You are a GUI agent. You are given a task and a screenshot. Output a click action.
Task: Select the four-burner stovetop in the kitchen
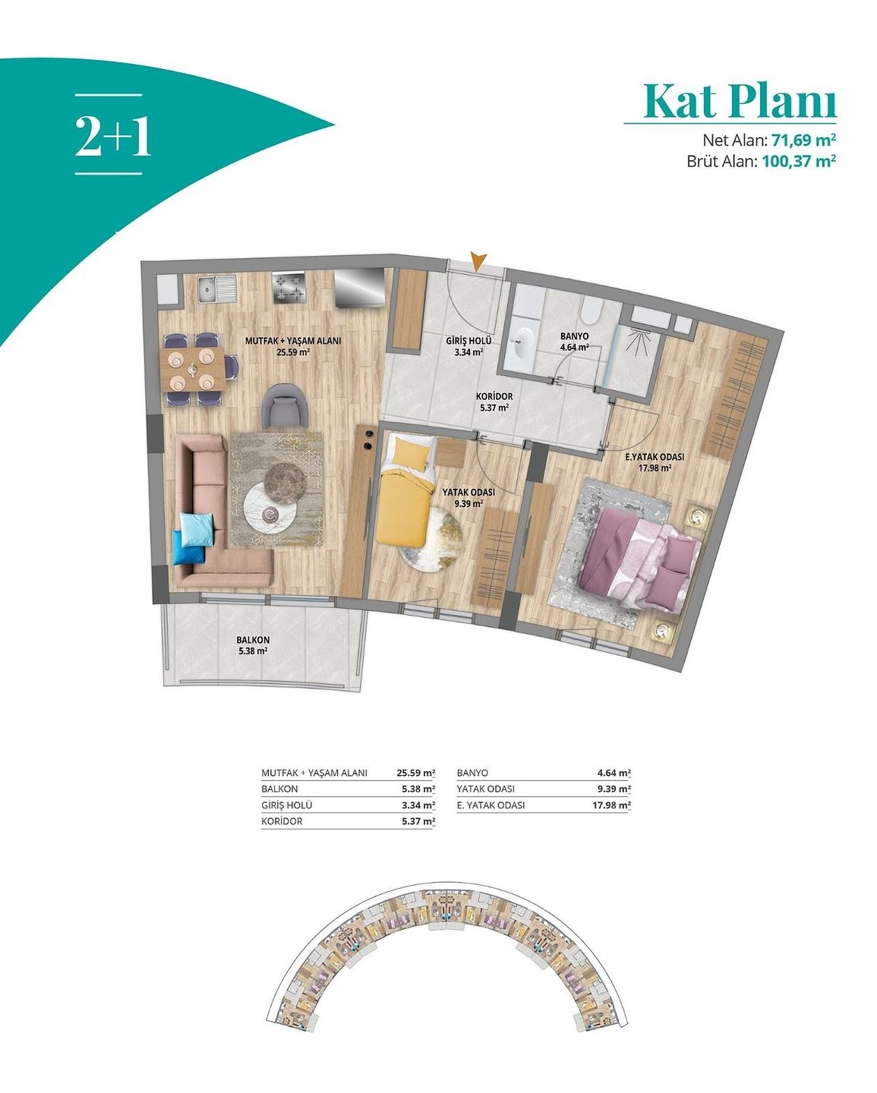(x=289, y=288)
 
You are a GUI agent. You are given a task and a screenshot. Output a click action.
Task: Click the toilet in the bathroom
(x=591, y=311)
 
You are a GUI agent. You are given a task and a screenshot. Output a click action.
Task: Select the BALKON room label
(x=252, y=640)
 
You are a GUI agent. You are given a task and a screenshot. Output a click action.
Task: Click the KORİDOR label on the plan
(x=494, y=397)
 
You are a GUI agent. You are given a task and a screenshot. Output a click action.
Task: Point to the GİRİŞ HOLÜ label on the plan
(x=468, y=342)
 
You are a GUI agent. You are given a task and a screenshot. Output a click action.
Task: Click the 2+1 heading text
(x=112, y=136)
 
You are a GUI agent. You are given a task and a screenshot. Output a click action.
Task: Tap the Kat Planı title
(x=739, y=101)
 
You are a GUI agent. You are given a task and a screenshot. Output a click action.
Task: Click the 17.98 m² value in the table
(x=611, y=805)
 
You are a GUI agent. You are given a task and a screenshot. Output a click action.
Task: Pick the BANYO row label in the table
(x=472, y=773)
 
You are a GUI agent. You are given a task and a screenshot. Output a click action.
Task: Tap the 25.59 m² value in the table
(x=415, y=773)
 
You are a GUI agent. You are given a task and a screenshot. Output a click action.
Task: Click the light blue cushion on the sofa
(x=195, y=527)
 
